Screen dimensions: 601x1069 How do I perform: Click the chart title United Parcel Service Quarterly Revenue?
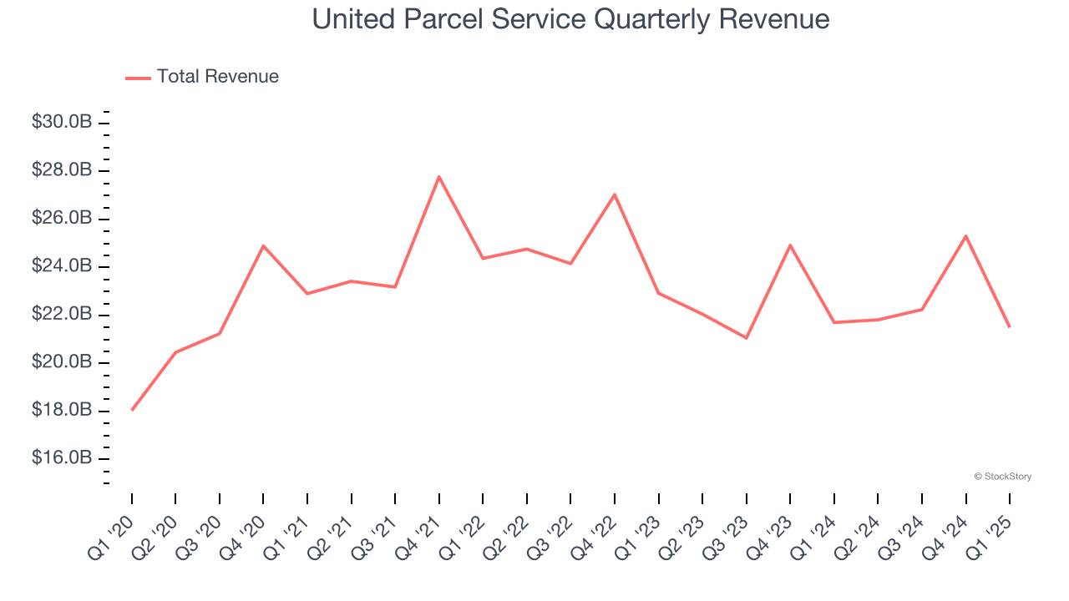[x=570, y=19]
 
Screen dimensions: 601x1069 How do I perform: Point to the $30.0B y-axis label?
[x=62, y=123]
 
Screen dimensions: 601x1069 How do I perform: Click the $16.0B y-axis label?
[x=62, y=458]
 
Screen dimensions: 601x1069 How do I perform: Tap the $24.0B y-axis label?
[x=62, y=266]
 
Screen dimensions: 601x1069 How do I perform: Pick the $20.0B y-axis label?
[x=62, y=362]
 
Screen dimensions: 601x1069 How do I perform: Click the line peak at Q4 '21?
[x=438, y=176]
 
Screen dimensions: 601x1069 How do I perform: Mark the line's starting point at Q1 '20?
[x=132, y=410]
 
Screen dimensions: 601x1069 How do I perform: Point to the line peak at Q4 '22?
[x=615, y=194]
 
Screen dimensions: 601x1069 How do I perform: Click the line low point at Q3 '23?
[x=746, y=338]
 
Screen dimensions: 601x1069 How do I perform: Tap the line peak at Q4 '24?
[x=965, y=235]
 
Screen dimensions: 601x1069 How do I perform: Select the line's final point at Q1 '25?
[x=1009, y=326]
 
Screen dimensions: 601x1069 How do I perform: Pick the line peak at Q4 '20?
[x=263, y=245]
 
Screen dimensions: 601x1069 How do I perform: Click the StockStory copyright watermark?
[x=1002, y=477]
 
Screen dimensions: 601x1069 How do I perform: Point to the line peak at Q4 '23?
[x=790, y=245]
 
